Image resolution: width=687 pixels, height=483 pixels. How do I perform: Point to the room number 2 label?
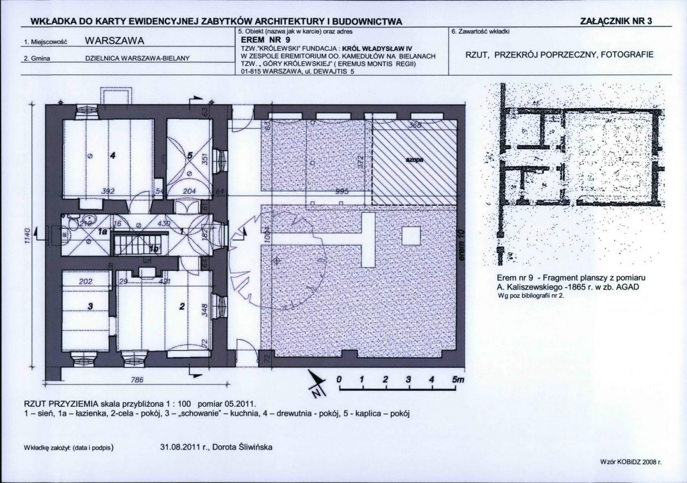[x=182, y=307]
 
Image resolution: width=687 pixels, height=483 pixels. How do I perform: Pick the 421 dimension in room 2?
[x=165, y=281]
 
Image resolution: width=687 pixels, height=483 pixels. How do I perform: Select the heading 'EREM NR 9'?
[x=266, y=39]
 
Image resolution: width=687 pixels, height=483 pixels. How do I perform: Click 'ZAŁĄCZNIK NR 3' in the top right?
[x=616, y=21]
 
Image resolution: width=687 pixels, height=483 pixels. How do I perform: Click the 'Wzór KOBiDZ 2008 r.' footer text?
[x=630, y=461]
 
